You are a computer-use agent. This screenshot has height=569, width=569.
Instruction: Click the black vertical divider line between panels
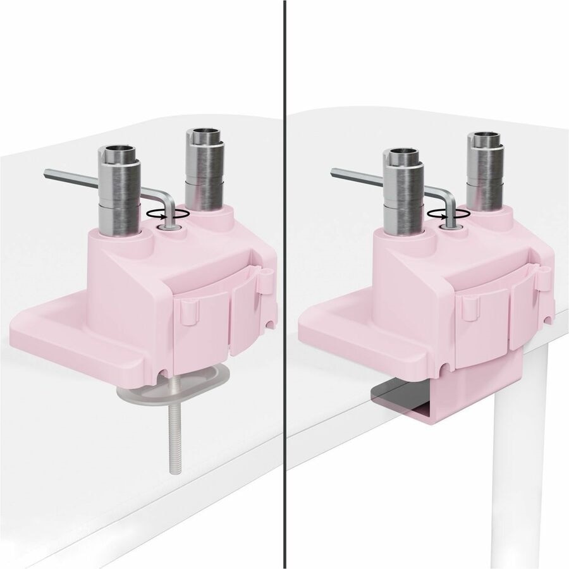coord(284,284)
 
